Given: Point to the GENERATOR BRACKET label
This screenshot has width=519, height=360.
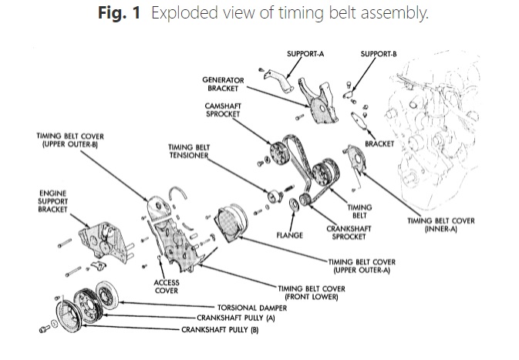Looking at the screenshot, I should click(223, 83).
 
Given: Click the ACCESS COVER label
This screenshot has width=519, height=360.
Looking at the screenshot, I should click(167, 287).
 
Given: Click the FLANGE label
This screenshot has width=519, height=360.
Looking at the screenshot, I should click(289, 234).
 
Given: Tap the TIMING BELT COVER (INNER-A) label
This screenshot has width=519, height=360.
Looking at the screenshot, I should click(441, 224).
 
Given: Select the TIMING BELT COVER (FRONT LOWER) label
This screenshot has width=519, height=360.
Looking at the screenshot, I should click(309, 291).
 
